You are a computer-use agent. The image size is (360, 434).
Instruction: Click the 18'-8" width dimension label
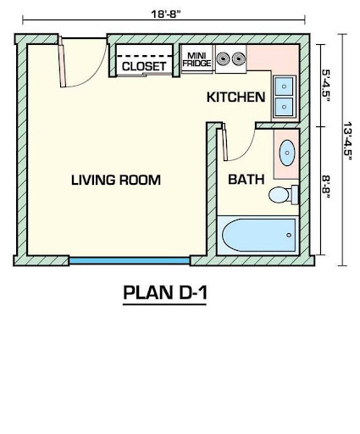(165, 14)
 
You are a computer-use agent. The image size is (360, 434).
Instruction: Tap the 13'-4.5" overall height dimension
(347, 141)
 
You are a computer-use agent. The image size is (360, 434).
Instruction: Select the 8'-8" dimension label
(325, 186)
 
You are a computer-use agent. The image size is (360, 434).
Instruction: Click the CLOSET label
(144, 66)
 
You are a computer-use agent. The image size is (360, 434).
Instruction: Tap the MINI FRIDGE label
(197, 59)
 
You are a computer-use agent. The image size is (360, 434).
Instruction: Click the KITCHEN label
(235, 97)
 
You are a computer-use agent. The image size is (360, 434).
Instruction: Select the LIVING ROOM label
(116, 180)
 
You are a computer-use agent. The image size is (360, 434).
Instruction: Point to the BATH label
(246, 180)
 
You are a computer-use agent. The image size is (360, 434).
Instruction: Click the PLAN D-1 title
(165, 292)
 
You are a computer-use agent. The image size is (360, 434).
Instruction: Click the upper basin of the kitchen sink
(284, 86)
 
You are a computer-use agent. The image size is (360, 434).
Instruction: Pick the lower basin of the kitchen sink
(284, 107)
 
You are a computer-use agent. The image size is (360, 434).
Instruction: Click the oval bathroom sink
(287, 153)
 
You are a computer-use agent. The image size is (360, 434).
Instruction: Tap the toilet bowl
(279, 195)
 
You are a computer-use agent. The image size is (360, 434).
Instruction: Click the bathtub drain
(289, 235)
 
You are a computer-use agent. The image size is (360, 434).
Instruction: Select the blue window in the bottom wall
(130, 261)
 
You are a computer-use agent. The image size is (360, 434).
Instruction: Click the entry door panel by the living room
(62, 62)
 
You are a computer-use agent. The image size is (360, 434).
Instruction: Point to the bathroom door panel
(224, 142)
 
